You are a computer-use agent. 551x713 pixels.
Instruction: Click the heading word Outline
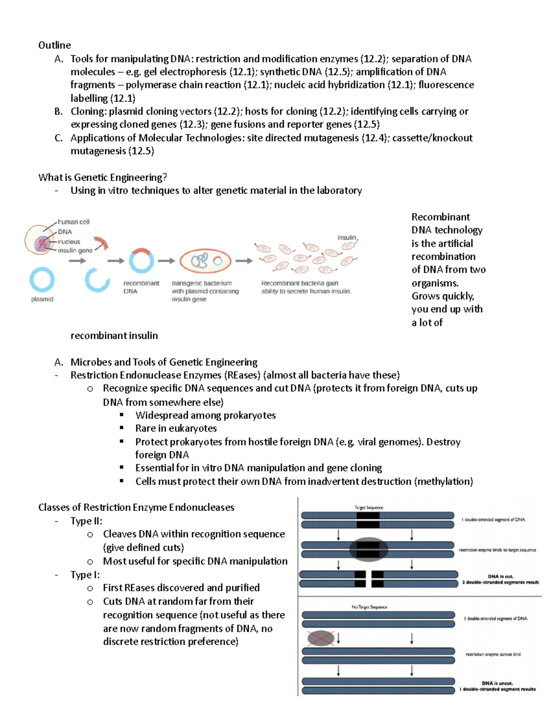click(54, 45)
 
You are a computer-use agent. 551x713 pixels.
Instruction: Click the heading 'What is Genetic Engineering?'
click(102, 177)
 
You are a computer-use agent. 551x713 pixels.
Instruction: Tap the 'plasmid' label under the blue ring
click(42, 299)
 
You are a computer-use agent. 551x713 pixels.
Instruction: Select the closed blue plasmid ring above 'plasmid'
click(42, 280)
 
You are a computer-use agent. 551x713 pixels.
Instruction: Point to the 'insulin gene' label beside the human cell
click(75, 250)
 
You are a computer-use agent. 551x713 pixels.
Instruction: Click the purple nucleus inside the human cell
click(42, 243)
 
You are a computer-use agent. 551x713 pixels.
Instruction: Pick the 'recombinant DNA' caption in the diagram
click(141, 287)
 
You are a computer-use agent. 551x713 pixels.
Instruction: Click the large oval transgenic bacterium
click(205, 261)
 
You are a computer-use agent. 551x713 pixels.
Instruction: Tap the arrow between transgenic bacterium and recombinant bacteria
click(244, 261)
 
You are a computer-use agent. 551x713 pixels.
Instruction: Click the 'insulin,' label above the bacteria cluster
click(347, 237)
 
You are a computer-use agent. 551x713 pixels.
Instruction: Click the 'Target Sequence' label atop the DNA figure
click(368, 507)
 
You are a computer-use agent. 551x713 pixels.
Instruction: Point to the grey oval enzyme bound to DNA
click(369, 549)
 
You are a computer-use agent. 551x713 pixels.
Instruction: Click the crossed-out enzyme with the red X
click(320, 638)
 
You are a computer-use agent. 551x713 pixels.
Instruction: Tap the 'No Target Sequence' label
click(369, 607)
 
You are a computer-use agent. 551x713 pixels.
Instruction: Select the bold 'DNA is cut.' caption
click(500, 576)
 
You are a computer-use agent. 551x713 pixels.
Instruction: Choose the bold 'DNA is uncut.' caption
click(497, 683)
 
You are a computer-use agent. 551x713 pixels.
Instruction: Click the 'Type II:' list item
click(86, 521)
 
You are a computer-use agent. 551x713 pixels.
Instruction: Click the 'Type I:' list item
click(85, 575)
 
